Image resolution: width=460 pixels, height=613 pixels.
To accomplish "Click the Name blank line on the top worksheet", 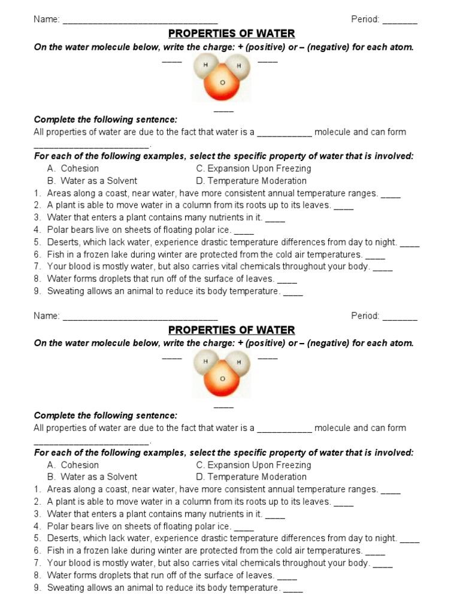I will click(140, 20).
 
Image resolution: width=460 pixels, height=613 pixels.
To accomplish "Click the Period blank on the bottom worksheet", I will click(400, 317).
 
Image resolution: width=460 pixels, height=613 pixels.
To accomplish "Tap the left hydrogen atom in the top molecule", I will click(205, 65).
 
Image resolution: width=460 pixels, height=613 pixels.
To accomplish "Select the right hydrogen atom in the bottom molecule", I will click(239, 362).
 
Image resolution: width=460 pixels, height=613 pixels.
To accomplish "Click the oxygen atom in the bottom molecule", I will click(222, 380).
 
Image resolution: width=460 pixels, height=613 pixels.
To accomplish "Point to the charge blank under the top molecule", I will click(223, 110).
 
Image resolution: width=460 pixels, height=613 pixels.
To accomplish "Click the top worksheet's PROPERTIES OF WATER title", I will click(232, 34).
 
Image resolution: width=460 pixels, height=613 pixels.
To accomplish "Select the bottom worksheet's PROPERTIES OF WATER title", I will click(232, 330).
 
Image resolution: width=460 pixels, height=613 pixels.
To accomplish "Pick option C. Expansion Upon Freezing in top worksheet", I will click(253, 168).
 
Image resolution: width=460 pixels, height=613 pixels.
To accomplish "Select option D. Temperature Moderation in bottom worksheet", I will click(251, 477).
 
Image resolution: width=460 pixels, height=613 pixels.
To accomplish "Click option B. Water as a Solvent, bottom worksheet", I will click(92, 477).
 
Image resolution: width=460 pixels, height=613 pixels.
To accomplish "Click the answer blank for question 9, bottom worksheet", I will click(293, 588).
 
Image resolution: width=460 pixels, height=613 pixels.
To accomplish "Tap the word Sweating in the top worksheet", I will click(65, 292).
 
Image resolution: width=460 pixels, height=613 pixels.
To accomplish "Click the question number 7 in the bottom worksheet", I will click(37, 563).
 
